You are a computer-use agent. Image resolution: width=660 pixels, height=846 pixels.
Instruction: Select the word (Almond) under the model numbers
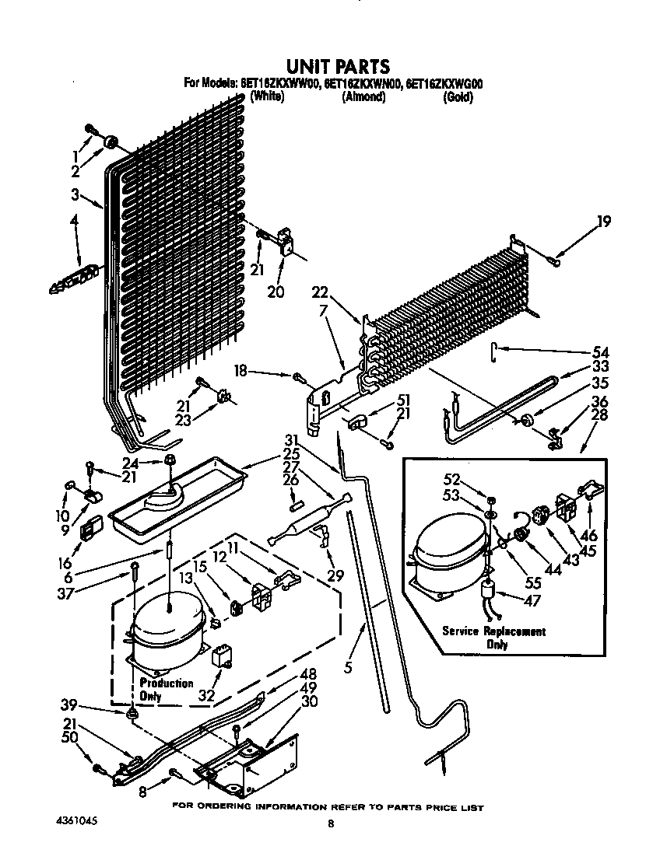point(363,97)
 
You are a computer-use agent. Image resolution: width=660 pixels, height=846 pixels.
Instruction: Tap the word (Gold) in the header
point(457,97)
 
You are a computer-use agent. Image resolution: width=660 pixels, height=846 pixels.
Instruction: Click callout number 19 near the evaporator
point(603,222)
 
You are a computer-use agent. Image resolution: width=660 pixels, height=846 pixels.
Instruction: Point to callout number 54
point(600,352)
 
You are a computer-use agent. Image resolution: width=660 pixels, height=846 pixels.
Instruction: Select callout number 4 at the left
point(75,222)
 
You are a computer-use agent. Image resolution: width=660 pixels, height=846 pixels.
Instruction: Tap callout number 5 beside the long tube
point(348,667)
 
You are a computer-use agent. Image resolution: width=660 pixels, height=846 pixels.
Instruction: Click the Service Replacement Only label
point(493,638)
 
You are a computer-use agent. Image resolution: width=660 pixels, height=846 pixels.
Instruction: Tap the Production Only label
point(166,689)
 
